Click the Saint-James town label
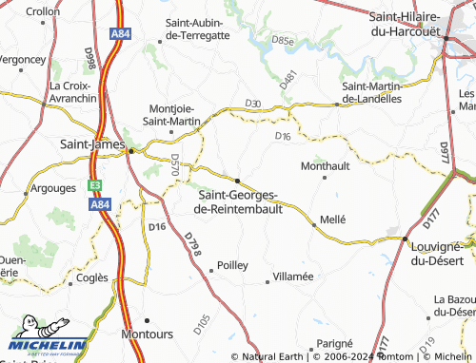(x=91, y=143)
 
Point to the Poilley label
(x=232, y=266)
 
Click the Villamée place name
(x=293, y=276)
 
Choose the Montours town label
(x=148, y=334)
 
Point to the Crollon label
(x=42, y=11)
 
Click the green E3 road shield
(x=95, y=186)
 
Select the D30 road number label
(x=252, y=103)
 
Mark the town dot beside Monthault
(x=326, y=177)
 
